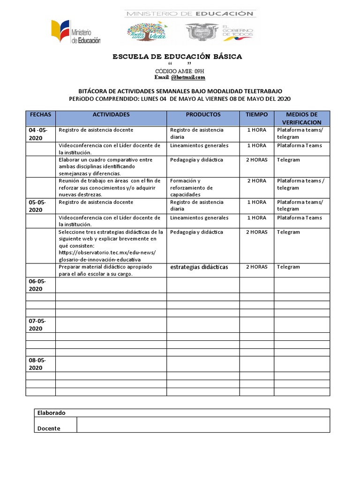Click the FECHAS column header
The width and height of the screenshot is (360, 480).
40,114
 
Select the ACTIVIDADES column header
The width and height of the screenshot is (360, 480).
111,114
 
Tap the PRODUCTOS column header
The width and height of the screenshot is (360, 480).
203,114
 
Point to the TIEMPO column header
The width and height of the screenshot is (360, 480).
257,114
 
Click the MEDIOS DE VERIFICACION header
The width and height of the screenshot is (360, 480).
301,118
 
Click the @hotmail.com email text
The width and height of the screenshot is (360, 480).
188,77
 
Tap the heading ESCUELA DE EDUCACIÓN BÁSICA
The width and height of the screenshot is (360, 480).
177,57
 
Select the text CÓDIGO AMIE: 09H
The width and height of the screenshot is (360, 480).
180,71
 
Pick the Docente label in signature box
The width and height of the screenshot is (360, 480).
49,428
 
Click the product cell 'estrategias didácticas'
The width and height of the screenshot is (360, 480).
199,267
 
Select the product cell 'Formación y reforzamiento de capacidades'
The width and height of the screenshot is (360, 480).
191,187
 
